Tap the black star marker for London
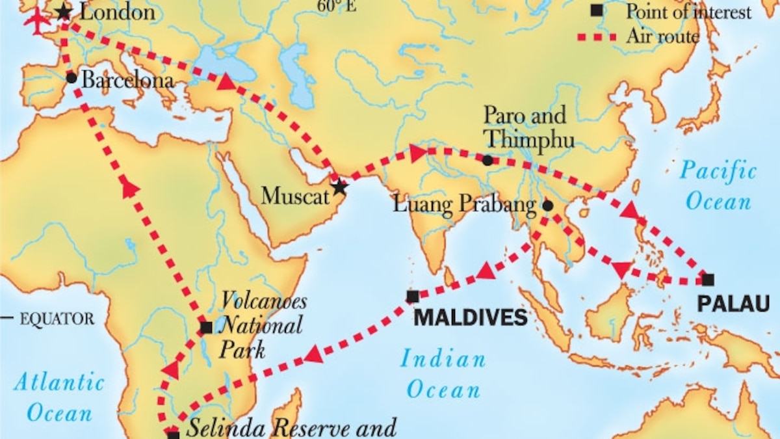point(64,12)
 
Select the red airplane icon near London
point(37,21)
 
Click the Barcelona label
point(128,81)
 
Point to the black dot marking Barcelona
point(71,78)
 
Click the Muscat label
point(296,196)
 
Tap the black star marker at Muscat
point(339,187)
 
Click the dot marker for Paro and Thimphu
point(487,160)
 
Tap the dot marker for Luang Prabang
point(547,206)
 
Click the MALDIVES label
point(471,317)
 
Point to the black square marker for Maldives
point(413,297)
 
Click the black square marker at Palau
point(708,280)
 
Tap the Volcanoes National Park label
point(261,325)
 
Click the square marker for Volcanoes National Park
point(206,327)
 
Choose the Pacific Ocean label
point(718,187)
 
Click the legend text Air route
point(662,36)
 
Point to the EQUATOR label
point(57,319)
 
